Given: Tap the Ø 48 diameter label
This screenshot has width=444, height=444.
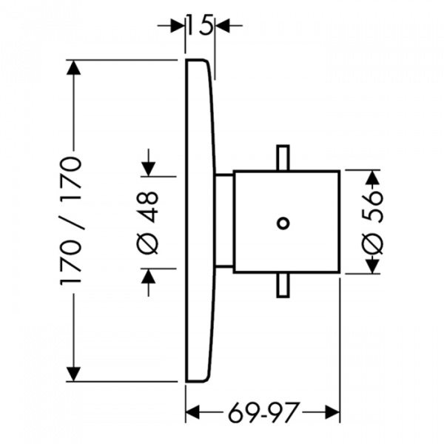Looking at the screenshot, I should click(x=149, y=221).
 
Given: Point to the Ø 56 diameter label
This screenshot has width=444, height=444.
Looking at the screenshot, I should click(x=374, y=222).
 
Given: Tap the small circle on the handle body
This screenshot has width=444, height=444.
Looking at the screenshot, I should click(x=282, y=221).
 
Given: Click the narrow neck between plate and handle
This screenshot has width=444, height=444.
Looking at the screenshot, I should click(x=223, y=222).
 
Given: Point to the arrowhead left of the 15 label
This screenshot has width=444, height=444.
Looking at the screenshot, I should click(x=178, y=26).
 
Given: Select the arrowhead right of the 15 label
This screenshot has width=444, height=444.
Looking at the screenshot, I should click(x=221, y=26).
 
